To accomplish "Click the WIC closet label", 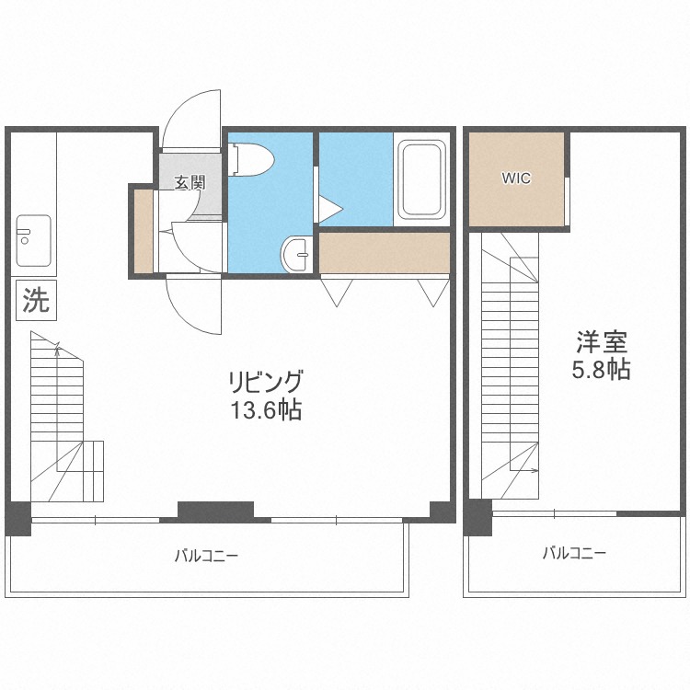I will tap(516, 178).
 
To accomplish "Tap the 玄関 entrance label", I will tap(190, 183).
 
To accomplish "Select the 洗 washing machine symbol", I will tap(36, 299).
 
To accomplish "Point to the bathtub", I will tap(421, 179).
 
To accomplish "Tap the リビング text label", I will tap(266, 381).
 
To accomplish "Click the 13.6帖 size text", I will tap(266, 410).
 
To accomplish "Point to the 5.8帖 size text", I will tap(602, 371).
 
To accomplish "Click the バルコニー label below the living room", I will tap(207, 556).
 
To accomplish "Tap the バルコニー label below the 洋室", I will tap(573, 553).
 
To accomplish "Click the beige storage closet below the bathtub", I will tap(385, 253).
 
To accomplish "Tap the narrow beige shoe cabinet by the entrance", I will tap(143, 230).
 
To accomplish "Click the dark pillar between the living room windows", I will tap(214, 509).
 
